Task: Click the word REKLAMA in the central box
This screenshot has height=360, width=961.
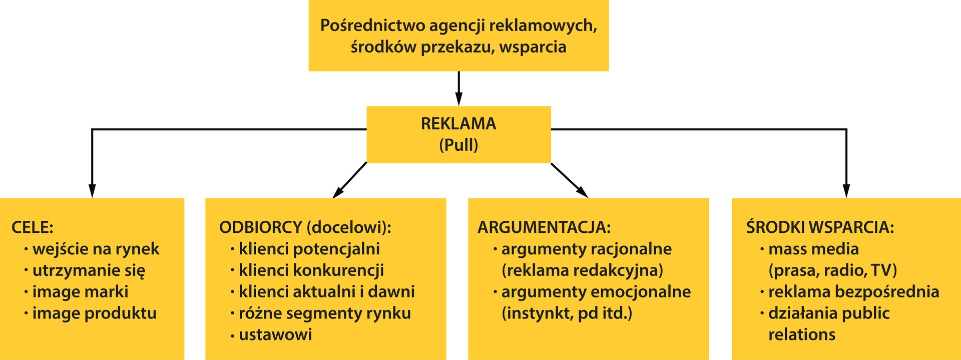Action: click(x=458, y=124)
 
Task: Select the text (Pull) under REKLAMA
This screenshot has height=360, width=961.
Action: click(x=458, y=145)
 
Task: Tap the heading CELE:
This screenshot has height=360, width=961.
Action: click(x=33, y=227)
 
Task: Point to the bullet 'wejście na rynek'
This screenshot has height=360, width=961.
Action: click(x=96, y=249)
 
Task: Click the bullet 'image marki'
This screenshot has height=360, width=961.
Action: click(x=80, y=292)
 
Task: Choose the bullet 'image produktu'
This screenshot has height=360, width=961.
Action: click(x=94, y=313)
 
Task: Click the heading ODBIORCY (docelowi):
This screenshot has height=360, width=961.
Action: click(x=305, y=227)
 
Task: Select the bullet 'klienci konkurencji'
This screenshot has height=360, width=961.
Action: click(x=311, y=270)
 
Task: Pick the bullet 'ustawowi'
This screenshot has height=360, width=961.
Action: click(x=275, y=334)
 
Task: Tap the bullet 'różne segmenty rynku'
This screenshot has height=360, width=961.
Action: click(x=324, y=313)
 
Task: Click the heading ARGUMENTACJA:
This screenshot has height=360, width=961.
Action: click(x=544, y=227)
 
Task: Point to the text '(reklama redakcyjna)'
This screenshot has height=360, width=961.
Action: click(x=582, y=270)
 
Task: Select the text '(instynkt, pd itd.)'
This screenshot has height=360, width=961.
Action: click(x=567, y=313)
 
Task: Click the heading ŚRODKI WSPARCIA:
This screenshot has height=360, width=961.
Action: click(x=820, y=227)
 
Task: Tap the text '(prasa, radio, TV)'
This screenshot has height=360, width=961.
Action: click(x=832, y=270)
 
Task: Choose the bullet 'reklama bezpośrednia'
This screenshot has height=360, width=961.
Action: click(x=853, y=292)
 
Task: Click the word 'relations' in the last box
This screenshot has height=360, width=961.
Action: click(x=802, y=334)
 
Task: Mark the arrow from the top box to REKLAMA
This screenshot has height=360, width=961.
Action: click(x=458, y=88)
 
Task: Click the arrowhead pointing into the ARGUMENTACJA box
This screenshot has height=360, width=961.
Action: click(x=583, y=193)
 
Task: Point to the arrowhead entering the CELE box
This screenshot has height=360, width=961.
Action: click(x=92, y=191)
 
